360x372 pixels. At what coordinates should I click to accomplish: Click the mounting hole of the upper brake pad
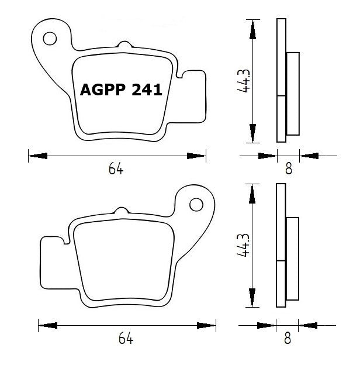point(49,39)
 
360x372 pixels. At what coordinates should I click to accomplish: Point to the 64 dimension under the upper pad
point(116,170)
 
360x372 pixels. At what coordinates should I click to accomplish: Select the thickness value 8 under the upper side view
point(288,170)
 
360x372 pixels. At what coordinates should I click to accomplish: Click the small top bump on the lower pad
point(121,211)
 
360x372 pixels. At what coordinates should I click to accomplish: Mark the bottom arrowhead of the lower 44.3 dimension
point(252,301)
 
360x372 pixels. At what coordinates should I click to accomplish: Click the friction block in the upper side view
point(293,95)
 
